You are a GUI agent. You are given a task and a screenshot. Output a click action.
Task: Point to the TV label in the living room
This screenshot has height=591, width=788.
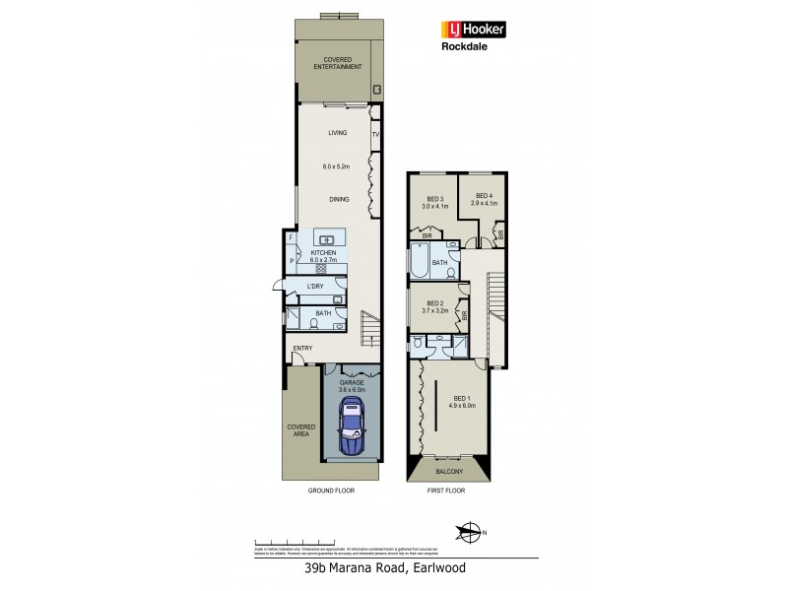pos(375,133)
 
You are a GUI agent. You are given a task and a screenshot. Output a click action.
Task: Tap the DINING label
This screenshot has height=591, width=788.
pos(340,200)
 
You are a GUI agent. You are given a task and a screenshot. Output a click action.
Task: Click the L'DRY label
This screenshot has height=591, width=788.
pos(316,286)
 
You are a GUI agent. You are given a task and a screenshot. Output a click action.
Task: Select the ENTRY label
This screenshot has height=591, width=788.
pos(302,348)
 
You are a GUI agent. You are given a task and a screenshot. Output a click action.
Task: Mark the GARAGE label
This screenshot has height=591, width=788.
pos(353,382)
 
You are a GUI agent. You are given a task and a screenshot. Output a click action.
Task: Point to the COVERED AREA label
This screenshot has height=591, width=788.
pos(300,430)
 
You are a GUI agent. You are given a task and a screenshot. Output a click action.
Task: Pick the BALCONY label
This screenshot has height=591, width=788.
pos(448,473)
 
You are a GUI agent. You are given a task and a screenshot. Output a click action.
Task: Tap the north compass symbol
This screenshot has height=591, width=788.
pos(471,534)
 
